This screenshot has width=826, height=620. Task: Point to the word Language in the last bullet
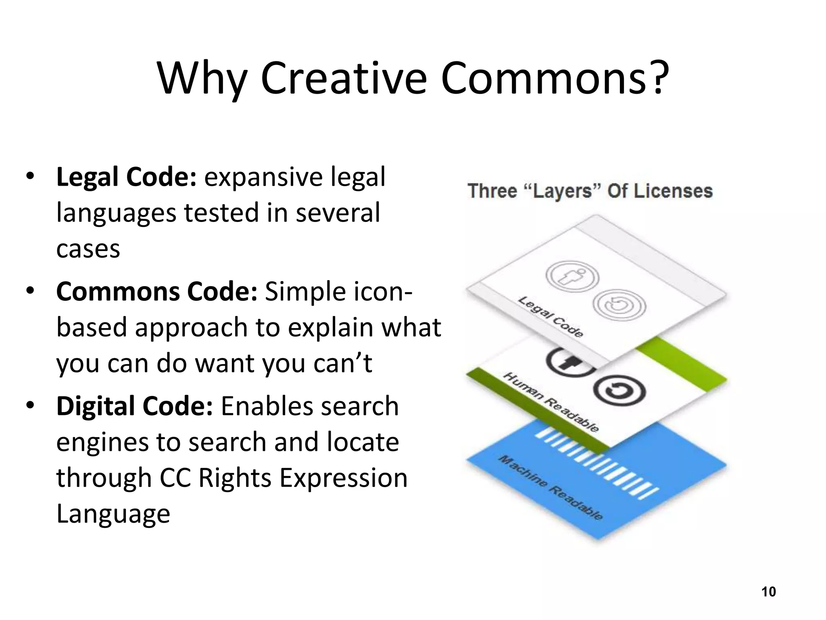(113, 513)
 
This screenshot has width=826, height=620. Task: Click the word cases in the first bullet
(88, 249)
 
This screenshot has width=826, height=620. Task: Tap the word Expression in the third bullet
(343, 478)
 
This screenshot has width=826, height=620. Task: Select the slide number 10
(768, 592)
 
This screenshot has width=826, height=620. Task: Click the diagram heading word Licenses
(672, 191)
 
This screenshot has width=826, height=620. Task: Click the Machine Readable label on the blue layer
(551, 488)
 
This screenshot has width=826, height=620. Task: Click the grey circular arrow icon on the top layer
(620, 306)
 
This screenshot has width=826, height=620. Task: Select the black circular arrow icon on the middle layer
(619, 391)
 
